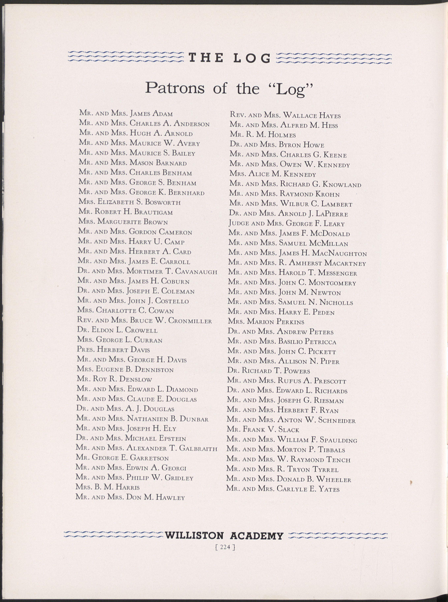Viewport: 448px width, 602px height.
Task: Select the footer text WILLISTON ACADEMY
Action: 224,536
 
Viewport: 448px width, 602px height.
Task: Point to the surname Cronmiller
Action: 190,321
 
